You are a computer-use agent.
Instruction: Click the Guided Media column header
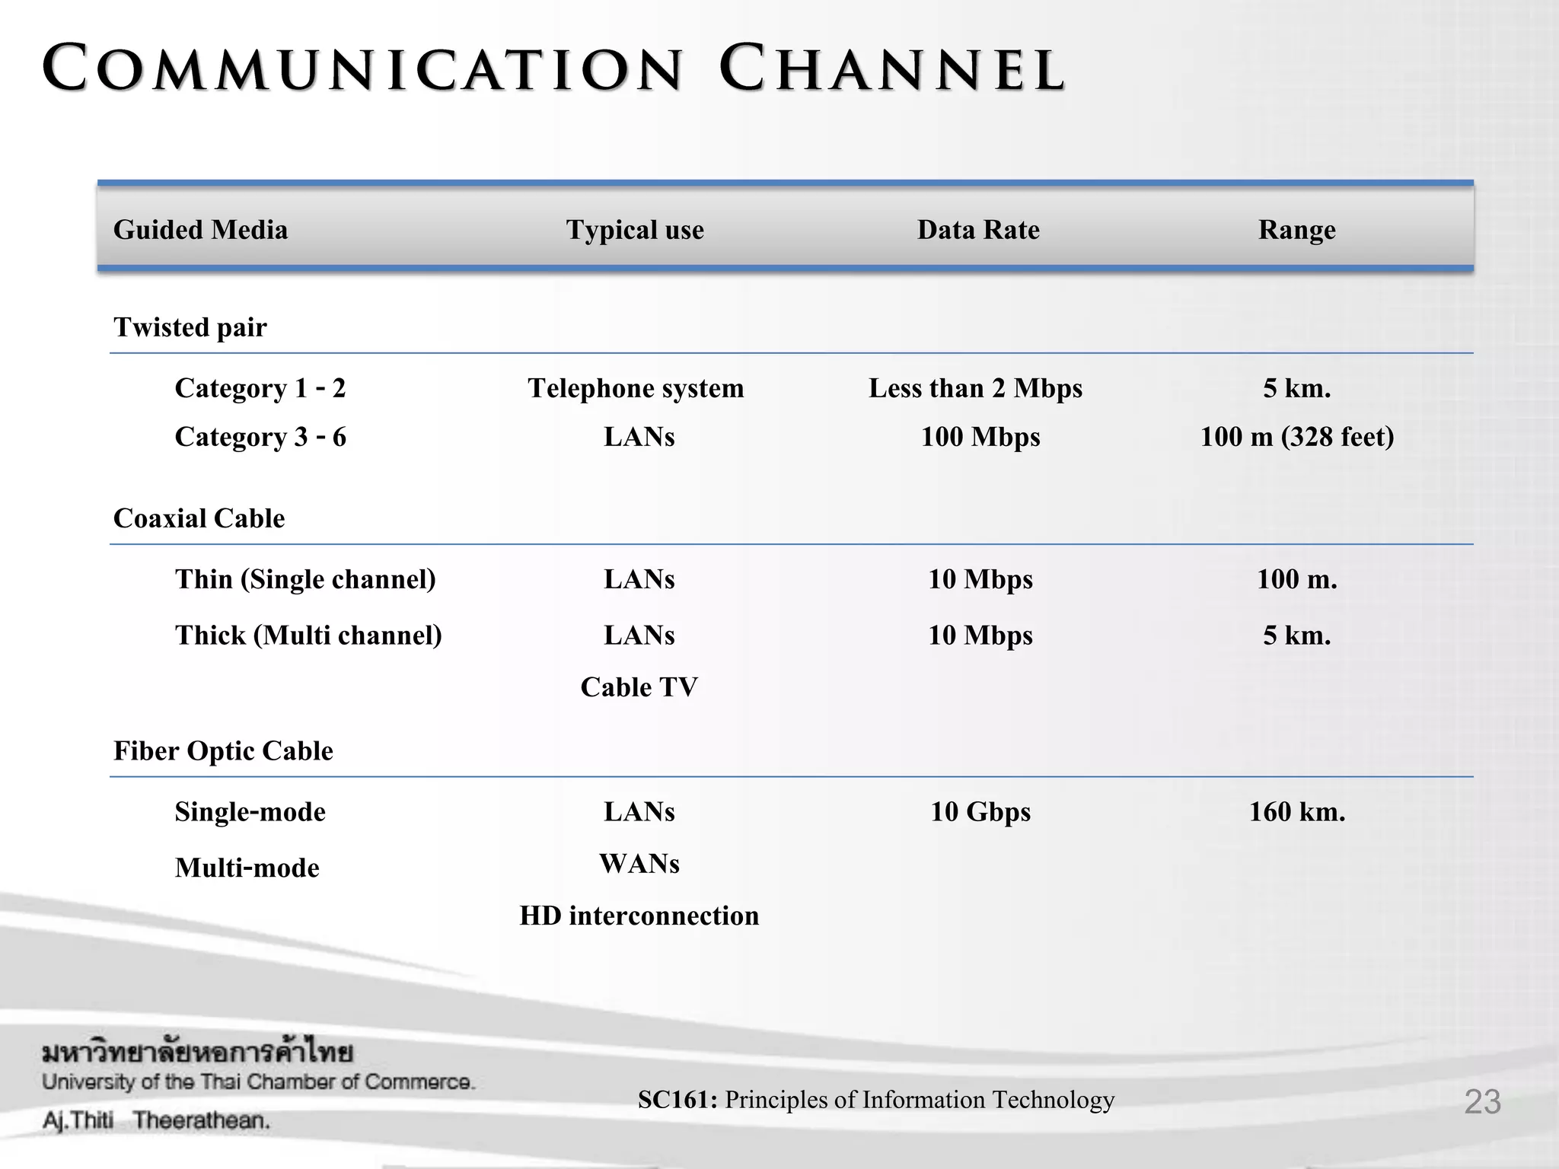point(200,230)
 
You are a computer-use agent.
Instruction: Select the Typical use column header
point(635,230)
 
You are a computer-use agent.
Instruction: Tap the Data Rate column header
point(978,230)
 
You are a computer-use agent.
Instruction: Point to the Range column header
point(1296,230)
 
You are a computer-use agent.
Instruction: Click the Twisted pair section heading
point(190,327)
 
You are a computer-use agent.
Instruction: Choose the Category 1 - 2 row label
point(260,388)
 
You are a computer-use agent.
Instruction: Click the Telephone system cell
point(636,388)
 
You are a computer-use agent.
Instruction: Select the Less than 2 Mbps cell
point(975,388)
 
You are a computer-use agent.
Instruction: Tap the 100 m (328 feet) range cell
point(1297,437)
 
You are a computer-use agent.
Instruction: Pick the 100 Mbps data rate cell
point(980,437)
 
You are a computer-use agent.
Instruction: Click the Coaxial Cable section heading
point(199,518)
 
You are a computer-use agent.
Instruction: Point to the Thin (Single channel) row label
point(305,579)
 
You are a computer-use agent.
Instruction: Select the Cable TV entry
point(639,687)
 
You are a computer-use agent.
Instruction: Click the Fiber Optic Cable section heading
point(223,751)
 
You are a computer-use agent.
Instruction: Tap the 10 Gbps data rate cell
point(980,812)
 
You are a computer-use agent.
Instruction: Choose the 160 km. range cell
point(1297,812)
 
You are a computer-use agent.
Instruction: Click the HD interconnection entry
point(639,916)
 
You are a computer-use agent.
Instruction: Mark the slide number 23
point(1482,1101)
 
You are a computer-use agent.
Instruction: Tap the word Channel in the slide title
point(891,70)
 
